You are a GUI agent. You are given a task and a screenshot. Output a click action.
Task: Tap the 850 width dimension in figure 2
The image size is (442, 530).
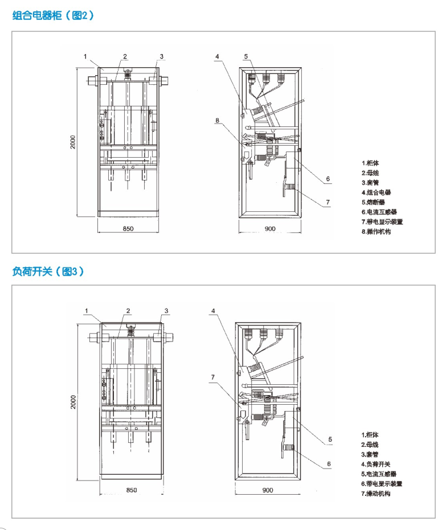coord(128,228)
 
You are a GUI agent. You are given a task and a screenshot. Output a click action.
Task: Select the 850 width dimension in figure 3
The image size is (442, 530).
coord(131,490)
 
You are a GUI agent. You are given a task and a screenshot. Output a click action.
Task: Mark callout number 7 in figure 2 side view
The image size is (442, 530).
coord(328,202)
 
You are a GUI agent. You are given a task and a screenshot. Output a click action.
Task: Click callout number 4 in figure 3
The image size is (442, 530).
coord(213,311)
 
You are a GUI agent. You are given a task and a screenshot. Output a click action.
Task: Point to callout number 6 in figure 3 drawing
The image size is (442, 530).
coord(329,464)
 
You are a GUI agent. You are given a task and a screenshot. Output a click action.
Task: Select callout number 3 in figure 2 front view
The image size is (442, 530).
coord(161,56)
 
